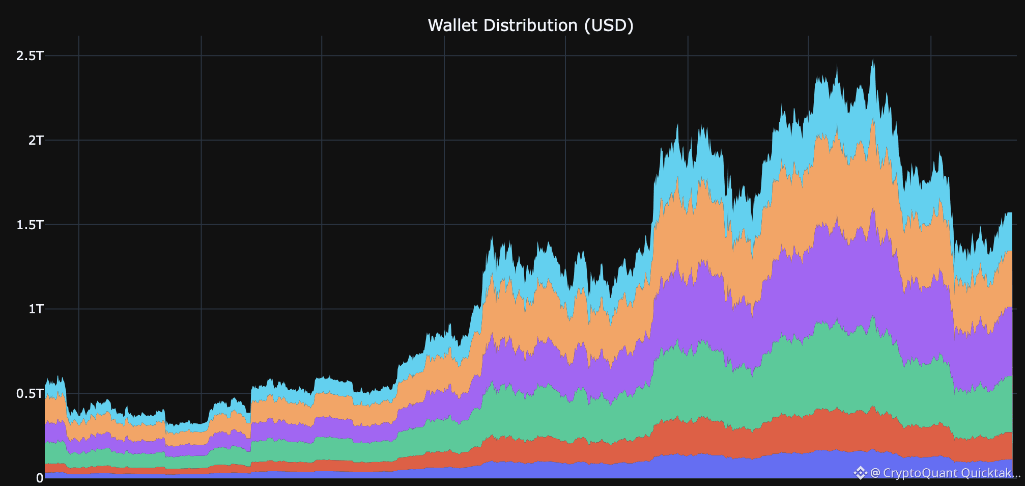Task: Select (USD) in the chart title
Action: pyautogui.click(x=609, y=25)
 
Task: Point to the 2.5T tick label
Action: pyautogui.click(x=30, y=56)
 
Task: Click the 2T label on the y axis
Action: pyautogui.click(x=36, y=140)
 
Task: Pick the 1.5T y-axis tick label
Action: pyautogui.click(x=30, y=225)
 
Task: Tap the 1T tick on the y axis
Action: pyautogui.click(x=36, y=309)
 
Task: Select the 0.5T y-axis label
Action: pyautogui.click(x=30, y=393)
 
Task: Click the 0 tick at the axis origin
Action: pyautogui.click(x=40, y=478)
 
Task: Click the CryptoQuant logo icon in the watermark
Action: pyautogui.click(x=860, y=473)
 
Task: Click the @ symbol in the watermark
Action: pyautogui.click(x=875, y=473)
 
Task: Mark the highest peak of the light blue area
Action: pyautogui.click(x=873, y=59)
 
